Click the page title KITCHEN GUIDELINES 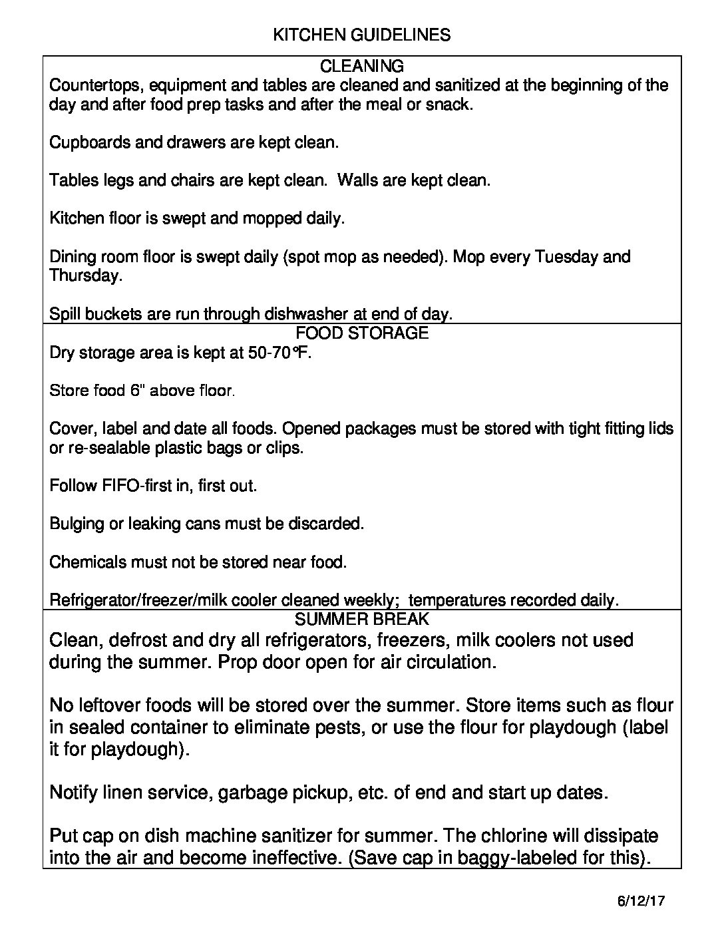(361, 35)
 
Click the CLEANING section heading (361, 67)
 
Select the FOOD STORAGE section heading (361, 333)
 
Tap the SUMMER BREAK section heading (361, 620)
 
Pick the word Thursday (86, 276)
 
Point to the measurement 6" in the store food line (137, 391)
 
